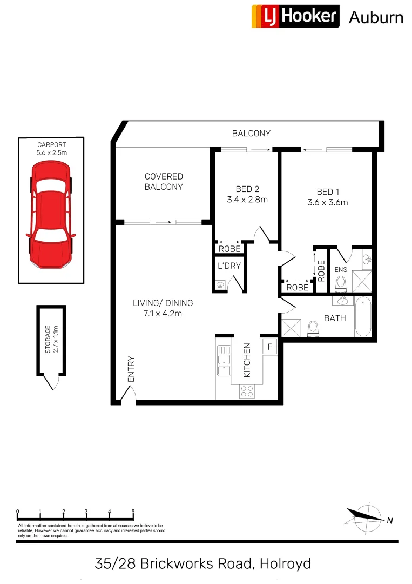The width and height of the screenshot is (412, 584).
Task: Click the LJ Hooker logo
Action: (295, 16)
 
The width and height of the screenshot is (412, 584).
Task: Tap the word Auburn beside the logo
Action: (376, 17)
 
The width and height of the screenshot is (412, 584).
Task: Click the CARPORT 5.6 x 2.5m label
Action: (52, 149)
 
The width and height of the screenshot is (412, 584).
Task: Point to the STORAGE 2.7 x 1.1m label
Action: (51, 339)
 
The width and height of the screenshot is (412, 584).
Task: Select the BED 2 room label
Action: (247, 189)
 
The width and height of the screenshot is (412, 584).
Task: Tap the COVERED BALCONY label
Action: (164, 182)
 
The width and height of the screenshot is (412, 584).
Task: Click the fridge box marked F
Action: (269, 346)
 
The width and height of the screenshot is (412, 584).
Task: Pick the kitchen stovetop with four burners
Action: (247, 391)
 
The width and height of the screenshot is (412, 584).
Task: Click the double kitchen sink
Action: (223, 361)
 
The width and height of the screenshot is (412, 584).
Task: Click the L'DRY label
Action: (229, 266)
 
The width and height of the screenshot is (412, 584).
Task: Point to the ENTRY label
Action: (130, 369)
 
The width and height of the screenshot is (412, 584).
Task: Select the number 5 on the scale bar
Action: (133, 512)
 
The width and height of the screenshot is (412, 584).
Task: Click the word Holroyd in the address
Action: (285, 564)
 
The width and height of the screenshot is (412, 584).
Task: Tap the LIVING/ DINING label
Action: (163, 303)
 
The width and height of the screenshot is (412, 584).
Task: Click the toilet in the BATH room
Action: (313, 328)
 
